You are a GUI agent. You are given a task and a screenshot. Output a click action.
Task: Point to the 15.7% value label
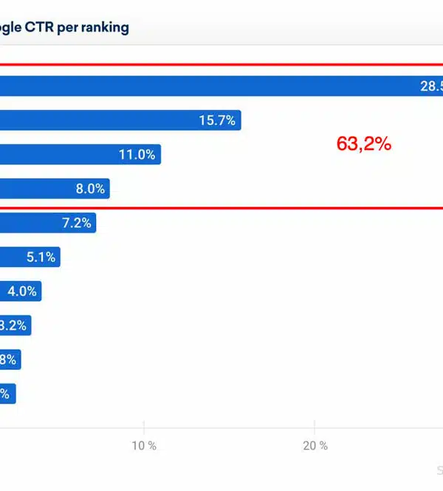point(217,121)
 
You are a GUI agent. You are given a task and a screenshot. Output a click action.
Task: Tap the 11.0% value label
point(137,155)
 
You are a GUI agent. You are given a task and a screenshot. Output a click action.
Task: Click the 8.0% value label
point(90,189)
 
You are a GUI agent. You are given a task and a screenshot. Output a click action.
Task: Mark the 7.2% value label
point(77,223)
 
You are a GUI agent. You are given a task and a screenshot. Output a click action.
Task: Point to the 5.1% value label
point(41,257)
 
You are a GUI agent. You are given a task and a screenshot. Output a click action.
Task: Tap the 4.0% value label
point(22,291)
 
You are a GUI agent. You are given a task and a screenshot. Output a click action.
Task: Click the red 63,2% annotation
point(363,144)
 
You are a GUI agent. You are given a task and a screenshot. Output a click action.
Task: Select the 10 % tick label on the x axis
point(144,446)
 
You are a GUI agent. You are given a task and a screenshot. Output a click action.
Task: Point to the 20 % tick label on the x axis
point(315,446)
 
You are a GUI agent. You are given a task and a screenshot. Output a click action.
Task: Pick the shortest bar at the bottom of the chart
point(7,394)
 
